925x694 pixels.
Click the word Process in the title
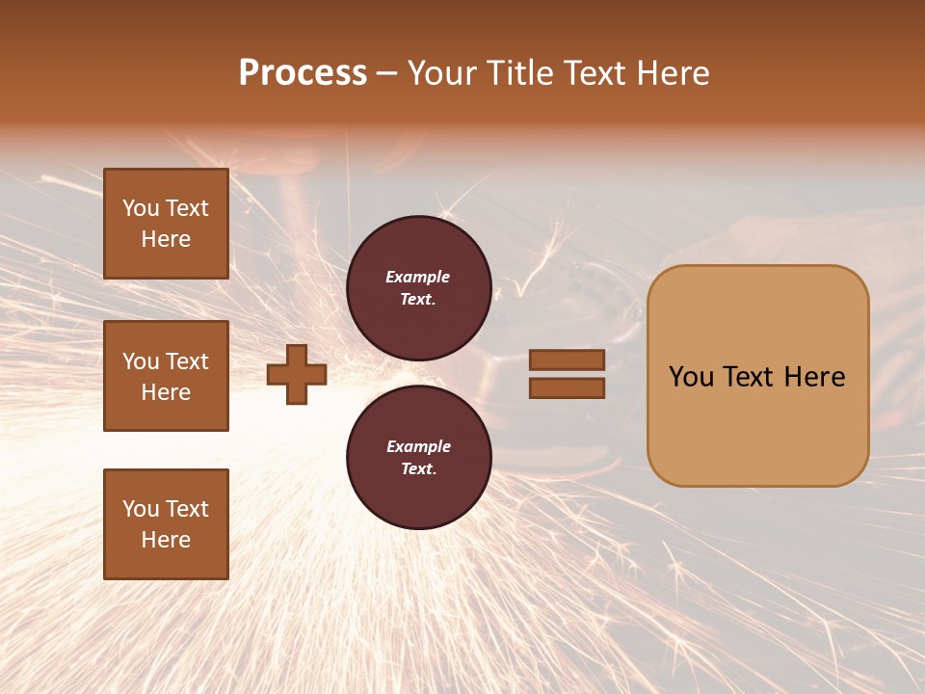[x=303, y=73]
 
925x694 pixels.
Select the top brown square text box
[x=166, y=224]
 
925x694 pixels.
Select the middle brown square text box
[x=166, y=376]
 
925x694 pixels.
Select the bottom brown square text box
[x=166, y=524]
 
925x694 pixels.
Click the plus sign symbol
[x=297, y=374]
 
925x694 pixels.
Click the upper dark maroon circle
[x=419, y=288]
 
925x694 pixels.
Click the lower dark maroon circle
[x=419, y=458]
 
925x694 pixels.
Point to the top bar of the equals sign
[x=568, y=360]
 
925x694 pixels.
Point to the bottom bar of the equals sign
[x=568, y=388]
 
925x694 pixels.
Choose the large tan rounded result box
[x=757, y=424]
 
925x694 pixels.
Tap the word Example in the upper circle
[x=418, y=277]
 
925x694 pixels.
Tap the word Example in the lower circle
[x=418, y=446]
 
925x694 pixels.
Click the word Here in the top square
[x=166, y=239]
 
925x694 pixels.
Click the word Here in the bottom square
[x=166, y=540]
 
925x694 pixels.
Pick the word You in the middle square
[x=140, y=361]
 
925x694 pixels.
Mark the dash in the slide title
[x=387, y=74]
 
